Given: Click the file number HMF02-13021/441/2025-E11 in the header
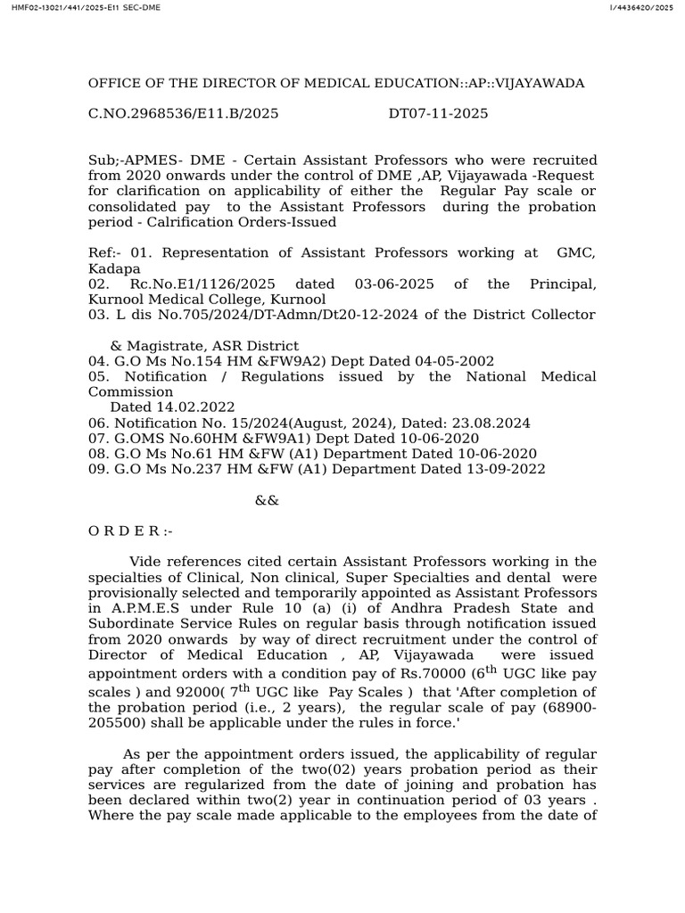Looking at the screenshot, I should [55, 8].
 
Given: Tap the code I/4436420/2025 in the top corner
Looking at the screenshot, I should [640, 8].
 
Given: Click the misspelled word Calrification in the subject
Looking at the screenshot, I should [210, 222].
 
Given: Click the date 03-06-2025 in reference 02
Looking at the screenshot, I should [395, 284].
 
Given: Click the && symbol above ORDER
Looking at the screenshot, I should [267, 500].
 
